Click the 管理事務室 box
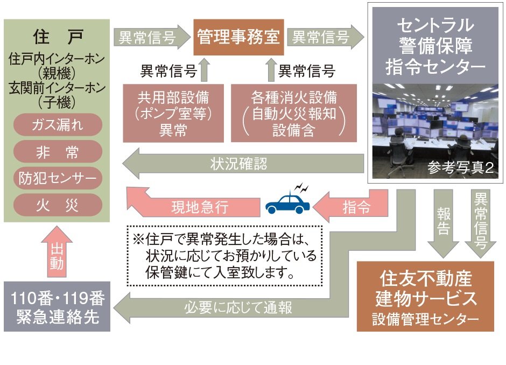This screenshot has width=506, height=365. (x=238, y=37)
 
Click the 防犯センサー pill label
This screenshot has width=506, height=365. (x=58, y=178)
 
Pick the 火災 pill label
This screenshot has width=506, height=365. (x=58, y=205)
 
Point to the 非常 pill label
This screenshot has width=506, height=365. (x=58, y=152)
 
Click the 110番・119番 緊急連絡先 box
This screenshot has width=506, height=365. (x=57, y=306)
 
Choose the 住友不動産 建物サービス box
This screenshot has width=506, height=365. (x=425, y=297)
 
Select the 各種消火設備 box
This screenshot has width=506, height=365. (x=293, y=113)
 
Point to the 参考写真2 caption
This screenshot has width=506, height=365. (x=460, y=168)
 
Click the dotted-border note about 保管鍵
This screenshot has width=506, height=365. (x=224, y=255)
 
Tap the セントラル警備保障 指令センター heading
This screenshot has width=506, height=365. (x=435, y=46)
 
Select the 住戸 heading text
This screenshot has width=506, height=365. (x=57, y=37)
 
